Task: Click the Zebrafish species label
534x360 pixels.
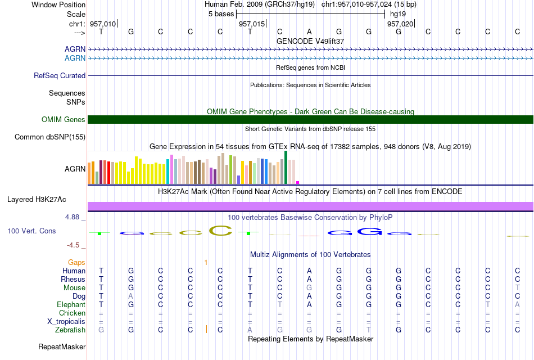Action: pos(70,330)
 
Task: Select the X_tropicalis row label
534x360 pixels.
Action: pos(66,322)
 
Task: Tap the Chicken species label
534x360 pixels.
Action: pos(72,313)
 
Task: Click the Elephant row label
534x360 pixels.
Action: pos(71,304)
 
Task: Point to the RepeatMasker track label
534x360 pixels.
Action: pos(62,346)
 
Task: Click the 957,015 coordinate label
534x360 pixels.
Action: pos(252,24)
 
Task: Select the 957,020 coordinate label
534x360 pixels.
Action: pos(400,24)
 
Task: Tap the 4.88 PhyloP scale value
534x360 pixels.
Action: pos(72,217)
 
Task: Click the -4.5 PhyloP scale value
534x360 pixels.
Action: pos(73,245)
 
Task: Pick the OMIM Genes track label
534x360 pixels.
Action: pos(64,119)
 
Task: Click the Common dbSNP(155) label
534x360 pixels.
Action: pos(50,137)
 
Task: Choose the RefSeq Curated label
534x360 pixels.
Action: pos(60,76)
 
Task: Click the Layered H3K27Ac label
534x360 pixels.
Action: pos(37,200)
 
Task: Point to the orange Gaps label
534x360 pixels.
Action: pos(76,262)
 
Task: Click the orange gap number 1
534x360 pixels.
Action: pos(206,262)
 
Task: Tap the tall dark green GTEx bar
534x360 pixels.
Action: pos(286,168)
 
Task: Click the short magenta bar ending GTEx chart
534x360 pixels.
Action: pos(298,183)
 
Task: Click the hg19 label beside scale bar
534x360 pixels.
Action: pos(398,14)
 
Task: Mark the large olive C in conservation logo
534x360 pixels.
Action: pos(220,231)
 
